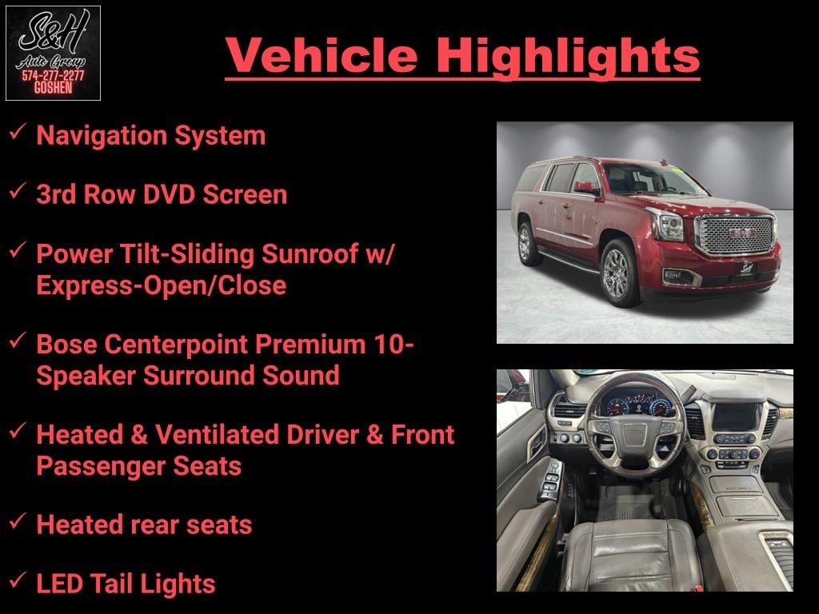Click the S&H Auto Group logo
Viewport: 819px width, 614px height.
click(53, 53)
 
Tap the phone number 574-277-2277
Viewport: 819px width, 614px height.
click(53, 76)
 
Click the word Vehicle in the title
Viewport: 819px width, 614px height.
click(322, 55)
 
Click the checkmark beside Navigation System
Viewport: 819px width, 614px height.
click(18, 131)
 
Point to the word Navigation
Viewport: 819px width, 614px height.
click(102, 136)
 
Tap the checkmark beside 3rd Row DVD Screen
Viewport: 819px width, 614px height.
click(18, 190)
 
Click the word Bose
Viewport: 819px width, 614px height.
click(66, 344)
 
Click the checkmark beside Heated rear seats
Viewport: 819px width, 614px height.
click(18, 520)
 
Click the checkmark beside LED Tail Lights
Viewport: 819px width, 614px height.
click(18, 580)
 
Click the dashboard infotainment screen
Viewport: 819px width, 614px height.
click(737, 416)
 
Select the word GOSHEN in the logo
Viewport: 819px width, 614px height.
click(53, 87)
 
